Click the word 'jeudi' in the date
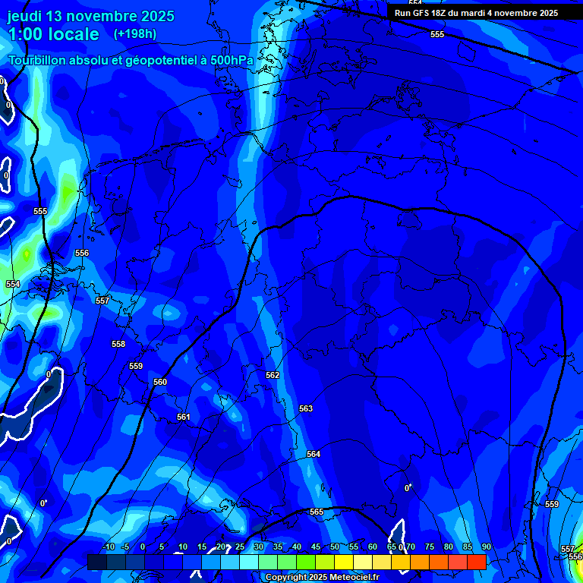(x=26, y=16)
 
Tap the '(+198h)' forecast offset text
(x=135, y=34)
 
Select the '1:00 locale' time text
(x=53, y=34)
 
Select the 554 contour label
(x=13, y=284)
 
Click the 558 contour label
(x=118, y=344)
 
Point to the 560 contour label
(x=160, y=382)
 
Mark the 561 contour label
(x=183, y=417)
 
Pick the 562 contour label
(x=273, y=375)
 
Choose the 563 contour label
(x=306, y=408)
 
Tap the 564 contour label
(x=314, y=454)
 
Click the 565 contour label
(x=317, y=512)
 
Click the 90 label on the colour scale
(x=486, y=547)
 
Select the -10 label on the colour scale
(x=108, y=547)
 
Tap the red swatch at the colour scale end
(x=476, y=562)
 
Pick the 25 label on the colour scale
(x=240, y=547)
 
